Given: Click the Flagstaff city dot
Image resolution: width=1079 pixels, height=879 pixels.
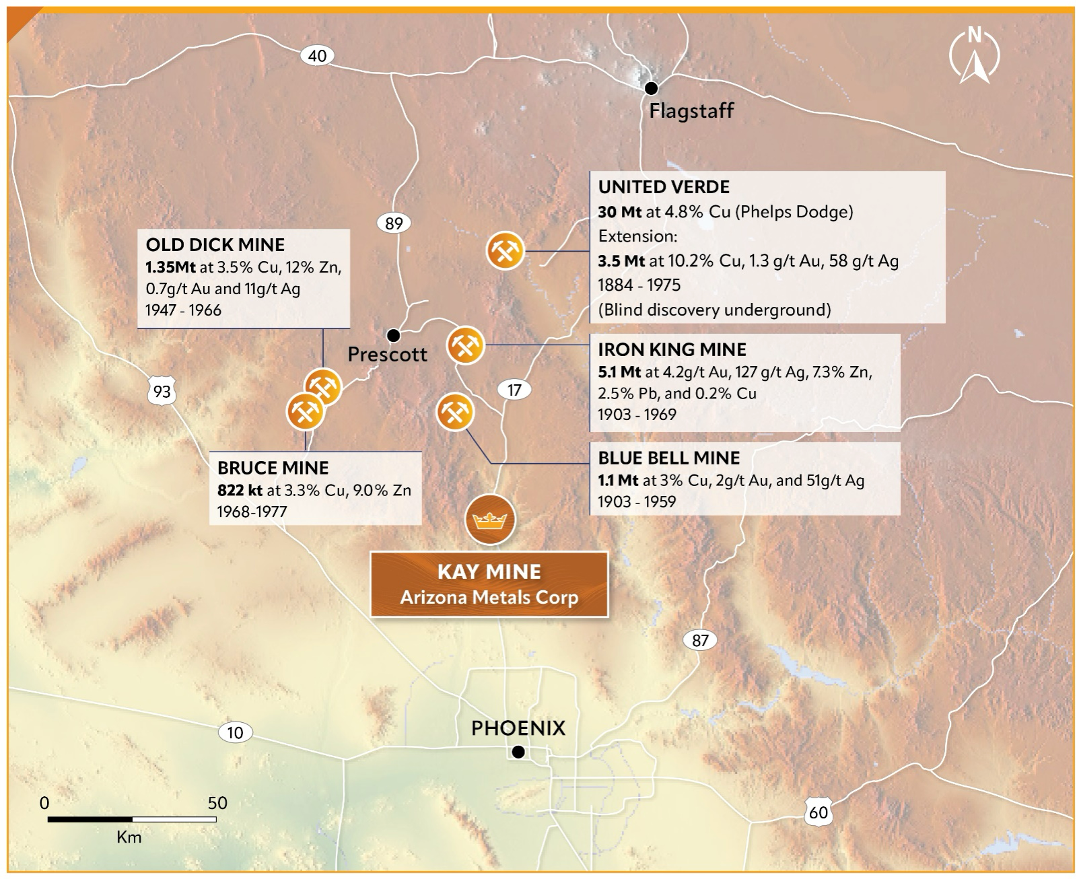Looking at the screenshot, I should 651,87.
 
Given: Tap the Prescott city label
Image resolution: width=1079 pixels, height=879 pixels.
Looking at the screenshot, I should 387,355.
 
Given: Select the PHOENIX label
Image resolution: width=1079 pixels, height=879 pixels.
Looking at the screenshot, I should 518,728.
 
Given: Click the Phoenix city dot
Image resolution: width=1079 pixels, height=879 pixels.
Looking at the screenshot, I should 518,752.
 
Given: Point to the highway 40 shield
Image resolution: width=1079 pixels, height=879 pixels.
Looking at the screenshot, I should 317,55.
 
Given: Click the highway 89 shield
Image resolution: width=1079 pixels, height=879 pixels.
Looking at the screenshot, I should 394,223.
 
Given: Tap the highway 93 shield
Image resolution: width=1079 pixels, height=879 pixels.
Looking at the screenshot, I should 162,391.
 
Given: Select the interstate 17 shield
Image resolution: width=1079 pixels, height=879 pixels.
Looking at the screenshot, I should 514,390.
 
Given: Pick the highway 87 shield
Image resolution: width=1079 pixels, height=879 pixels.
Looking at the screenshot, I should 700,640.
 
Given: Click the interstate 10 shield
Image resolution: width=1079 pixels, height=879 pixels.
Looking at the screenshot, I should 235,732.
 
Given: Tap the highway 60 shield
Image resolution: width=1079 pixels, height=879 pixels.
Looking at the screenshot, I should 818,812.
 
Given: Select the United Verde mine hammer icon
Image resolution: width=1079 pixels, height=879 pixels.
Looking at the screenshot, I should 505,250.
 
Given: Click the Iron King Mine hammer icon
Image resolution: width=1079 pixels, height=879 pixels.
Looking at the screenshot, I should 465,345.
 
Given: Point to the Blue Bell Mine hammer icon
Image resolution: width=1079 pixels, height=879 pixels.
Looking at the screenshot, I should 456,412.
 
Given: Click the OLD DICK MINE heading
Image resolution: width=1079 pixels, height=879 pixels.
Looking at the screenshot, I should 215,245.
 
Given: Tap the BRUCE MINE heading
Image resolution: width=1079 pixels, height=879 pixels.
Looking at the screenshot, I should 273,468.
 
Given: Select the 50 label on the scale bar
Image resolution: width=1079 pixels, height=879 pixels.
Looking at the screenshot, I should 217,802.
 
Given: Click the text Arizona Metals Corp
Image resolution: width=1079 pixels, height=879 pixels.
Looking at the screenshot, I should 489,598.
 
